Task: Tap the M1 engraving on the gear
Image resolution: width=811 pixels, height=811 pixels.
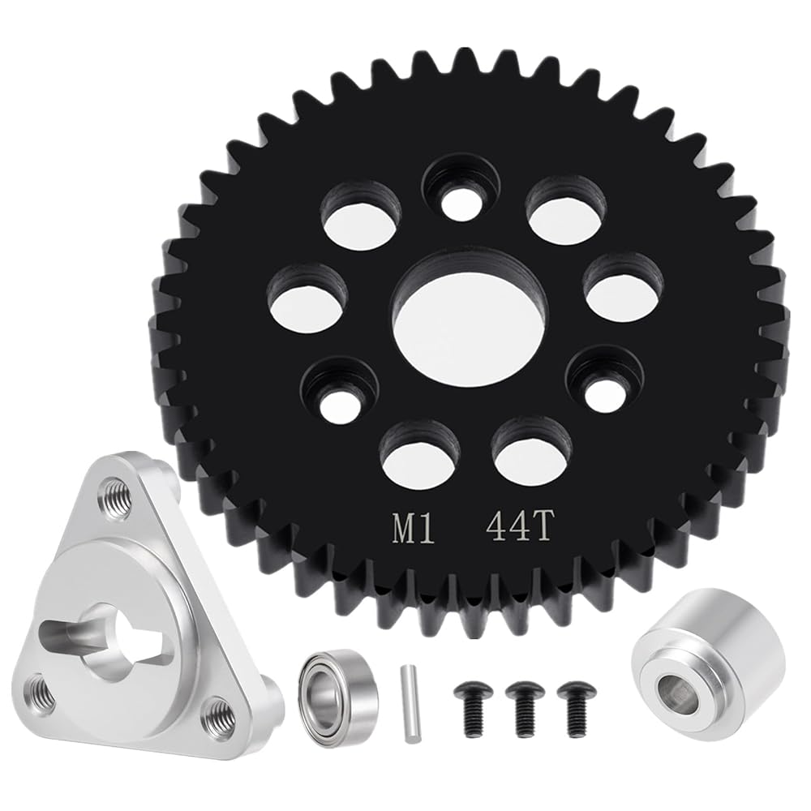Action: tap(413, 529)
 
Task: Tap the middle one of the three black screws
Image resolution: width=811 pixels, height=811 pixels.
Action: tap(526, 704)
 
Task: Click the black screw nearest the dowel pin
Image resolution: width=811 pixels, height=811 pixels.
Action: tap(472, 704)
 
